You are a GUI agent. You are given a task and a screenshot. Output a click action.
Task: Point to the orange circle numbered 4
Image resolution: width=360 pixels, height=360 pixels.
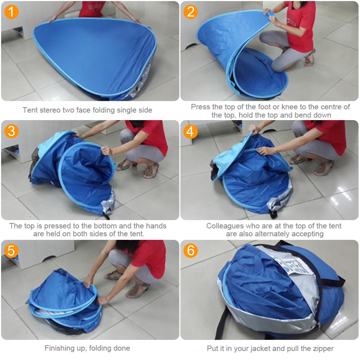[191, 131]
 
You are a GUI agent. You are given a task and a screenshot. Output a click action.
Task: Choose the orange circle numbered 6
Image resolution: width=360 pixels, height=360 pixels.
[191, 251]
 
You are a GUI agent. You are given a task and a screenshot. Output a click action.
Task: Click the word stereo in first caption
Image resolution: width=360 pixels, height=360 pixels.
[53, 110]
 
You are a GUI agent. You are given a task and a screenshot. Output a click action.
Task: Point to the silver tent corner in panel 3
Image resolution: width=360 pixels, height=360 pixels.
[108, 205]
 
